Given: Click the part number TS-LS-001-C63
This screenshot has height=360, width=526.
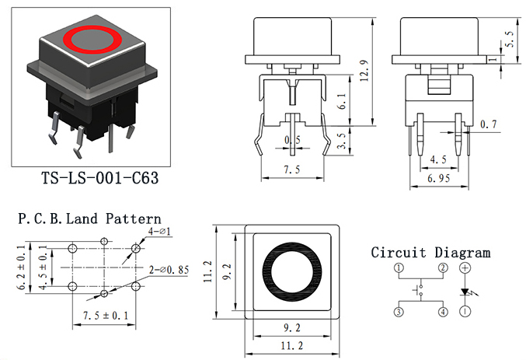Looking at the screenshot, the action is [x=100, y=177].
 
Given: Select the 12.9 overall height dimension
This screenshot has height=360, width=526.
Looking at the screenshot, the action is [x=364, y=71].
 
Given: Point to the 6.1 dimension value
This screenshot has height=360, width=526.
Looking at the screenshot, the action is [x=342, y=101].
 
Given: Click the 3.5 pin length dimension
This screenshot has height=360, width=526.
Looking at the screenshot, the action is [x=342, y=141].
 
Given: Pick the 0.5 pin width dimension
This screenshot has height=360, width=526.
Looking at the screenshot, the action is [x=292, y=140].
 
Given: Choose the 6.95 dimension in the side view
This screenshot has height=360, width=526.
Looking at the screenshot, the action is [x=438, y=178].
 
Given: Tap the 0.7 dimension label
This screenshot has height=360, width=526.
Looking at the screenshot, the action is [x=489, y=124].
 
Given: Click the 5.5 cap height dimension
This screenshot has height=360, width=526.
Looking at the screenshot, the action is [x=509, y=39].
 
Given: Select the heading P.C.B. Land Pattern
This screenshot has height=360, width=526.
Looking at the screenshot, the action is [x=89, y=219].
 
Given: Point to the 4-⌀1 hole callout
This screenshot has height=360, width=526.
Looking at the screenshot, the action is [x=160, y=232].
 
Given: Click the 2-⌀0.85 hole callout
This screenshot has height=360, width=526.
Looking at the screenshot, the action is [x=169, y=270].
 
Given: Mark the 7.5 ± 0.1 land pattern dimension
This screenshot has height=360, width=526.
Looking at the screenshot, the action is [x=106, y=316].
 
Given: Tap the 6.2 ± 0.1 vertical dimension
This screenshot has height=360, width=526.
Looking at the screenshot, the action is [x=22, y=267].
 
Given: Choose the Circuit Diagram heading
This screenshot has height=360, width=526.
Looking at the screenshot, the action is [x=430, y=253].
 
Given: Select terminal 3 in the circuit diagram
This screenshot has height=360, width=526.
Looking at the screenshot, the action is [x=399, y=312].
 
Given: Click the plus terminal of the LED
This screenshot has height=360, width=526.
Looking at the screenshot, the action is [x=465, y=267].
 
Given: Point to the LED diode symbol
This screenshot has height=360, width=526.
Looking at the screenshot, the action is [x=465, y=292].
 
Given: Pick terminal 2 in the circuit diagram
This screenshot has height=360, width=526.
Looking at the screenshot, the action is [x=443, y=267].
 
